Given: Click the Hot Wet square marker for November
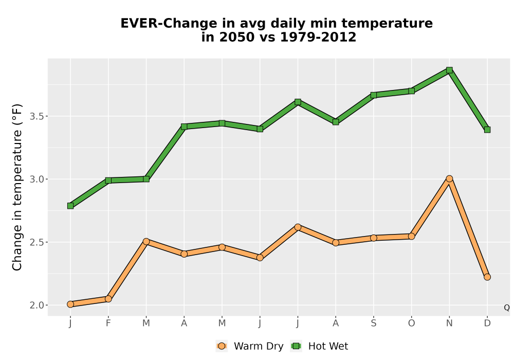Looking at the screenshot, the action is tap(449, 70).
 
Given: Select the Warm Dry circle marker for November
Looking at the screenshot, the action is tap(449, 178).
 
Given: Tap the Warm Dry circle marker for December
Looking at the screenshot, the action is tap(487, 277).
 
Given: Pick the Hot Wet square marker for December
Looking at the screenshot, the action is tap(487, 130).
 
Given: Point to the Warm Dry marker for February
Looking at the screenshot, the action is tap(108, 299).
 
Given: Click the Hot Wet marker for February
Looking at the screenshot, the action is tap(108, 181).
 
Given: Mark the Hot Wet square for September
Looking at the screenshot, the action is tap(373, 95).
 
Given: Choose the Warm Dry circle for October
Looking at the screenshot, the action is tap(411, 237).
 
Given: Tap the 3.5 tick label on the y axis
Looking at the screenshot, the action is tap(37, 116).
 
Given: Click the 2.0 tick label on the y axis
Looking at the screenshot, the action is tap(37, 305).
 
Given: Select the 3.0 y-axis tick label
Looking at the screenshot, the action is tap(37, 179).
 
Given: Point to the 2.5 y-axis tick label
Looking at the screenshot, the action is tap(37, 242).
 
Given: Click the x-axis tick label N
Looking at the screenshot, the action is tap(449, 323).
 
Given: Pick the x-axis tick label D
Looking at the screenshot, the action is tap(487, 323).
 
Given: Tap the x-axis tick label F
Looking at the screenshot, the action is tap(108, 323).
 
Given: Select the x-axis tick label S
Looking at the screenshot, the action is tap(373, 323).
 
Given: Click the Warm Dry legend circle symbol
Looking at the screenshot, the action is tap(222, 346).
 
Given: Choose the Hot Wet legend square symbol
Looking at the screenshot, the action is tap(297, 346).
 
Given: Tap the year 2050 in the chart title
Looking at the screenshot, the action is tap(237, 37).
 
